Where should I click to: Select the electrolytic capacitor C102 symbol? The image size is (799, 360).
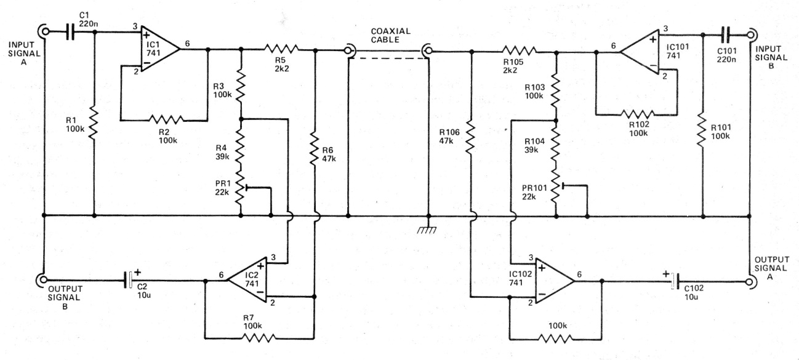tap(675, 282)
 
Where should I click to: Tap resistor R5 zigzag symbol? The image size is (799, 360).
tap(281, 49)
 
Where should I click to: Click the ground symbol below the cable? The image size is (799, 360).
tap(428, 228)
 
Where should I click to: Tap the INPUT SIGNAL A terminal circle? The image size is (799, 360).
tap(44, 31)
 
